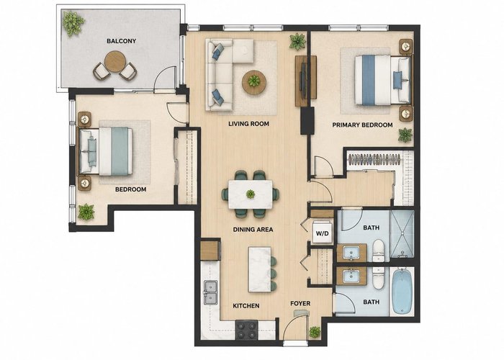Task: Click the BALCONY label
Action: coord(121,41)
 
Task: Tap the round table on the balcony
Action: coord(115,61)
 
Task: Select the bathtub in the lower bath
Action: coord(401,292)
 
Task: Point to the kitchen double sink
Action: coord(210,292)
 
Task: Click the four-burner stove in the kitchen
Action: coord(246,330)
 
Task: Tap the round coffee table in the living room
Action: coord(254,82)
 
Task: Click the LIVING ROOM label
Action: coord(248,124)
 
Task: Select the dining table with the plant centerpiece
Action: coord(251,194)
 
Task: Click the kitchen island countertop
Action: coord(260,269)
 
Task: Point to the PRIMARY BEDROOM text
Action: coord(362,125)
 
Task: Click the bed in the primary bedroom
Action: coord(382,81)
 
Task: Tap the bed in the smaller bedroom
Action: coord(106,151)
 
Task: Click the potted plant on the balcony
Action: coord(73,24)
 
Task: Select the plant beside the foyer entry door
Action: coord(315,332)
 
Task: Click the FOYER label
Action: coord(300,303)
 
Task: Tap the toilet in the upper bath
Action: coord(378,250)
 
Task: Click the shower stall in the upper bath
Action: coord(402,234)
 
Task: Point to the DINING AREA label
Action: coord(253,230)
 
